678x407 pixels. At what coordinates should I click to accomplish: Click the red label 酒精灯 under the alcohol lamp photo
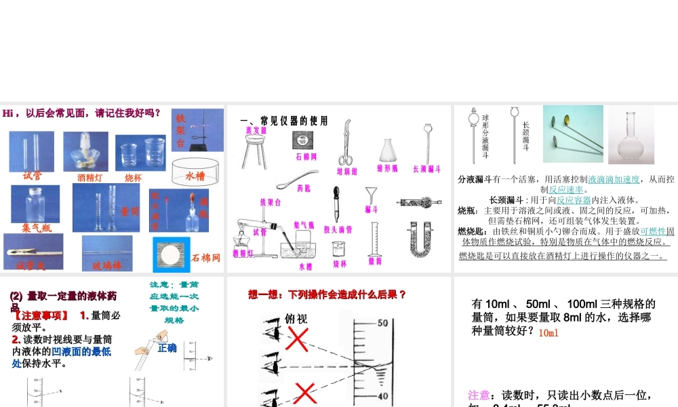pos(89,178)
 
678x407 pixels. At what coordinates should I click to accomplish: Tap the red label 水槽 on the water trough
pos(195,176)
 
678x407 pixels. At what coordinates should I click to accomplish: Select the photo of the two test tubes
pos(31,151)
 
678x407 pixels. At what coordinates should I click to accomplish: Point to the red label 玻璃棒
pos(107,266)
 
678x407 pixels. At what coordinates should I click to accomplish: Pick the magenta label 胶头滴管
pos(338,230)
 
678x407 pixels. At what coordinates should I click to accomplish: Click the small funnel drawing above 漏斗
pos(370,195)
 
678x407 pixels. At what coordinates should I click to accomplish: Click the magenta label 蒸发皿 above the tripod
pos(256,130)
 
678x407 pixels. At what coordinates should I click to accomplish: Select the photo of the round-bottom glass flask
pos(631,134)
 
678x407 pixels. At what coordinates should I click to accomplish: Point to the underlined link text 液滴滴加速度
pos(614,179)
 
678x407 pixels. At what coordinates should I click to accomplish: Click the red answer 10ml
pos(549,333)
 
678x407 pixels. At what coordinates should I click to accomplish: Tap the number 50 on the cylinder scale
pos(382,323)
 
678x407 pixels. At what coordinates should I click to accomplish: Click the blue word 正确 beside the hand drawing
pos(167,348)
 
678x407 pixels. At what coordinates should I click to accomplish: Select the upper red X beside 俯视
pos(296,337)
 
